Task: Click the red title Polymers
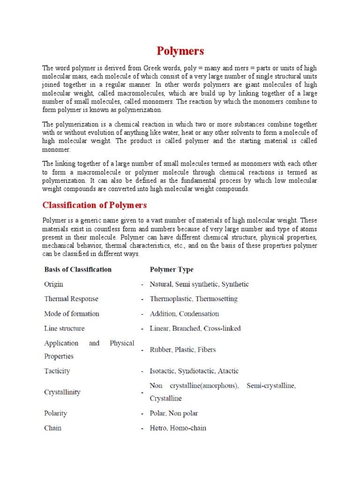180,51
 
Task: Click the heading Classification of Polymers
95,205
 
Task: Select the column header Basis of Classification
78,270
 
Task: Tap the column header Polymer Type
172,270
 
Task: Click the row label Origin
53,284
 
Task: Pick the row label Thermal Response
71,299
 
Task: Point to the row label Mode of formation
72,314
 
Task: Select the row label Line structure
64,328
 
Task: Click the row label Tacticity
57,371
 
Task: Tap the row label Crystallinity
62,392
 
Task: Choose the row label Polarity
56,413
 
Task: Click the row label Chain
52,428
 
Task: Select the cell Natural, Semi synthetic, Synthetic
199,284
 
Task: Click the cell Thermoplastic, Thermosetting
194,299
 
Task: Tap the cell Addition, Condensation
184,314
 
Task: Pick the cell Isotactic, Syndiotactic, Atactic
194,371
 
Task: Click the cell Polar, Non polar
174,413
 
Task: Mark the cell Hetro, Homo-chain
178,428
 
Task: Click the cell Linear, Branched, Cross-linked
195,328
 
